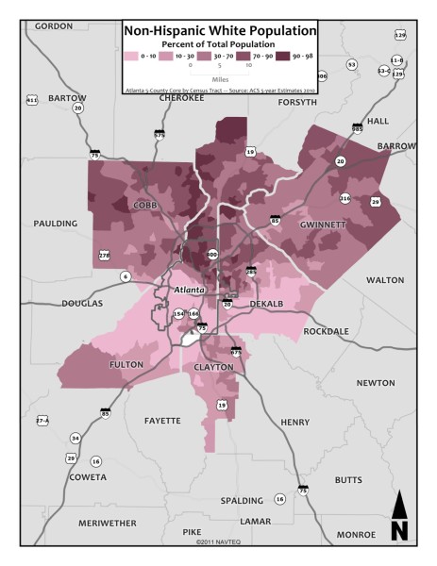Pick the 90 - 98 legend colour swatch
[281, 57]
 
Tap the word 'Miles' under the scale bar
[220, 80]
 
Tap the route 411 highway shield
[32, 99]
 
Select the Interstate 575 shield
[160, 135]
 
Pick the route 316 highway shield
[345, 198]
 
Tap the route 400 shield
[211, 255]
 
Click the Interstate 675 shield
[236, 351]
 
